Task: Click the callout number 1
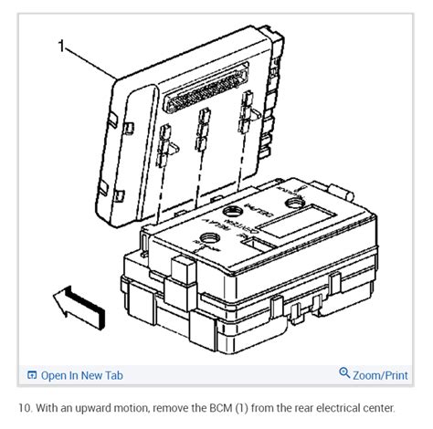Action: (61, 46)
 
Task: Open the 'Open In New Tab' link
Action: (81, 375)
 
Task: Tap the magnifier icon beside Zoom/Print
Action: (344, 374)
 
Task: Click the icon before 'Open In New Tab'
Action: (32, 375)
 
